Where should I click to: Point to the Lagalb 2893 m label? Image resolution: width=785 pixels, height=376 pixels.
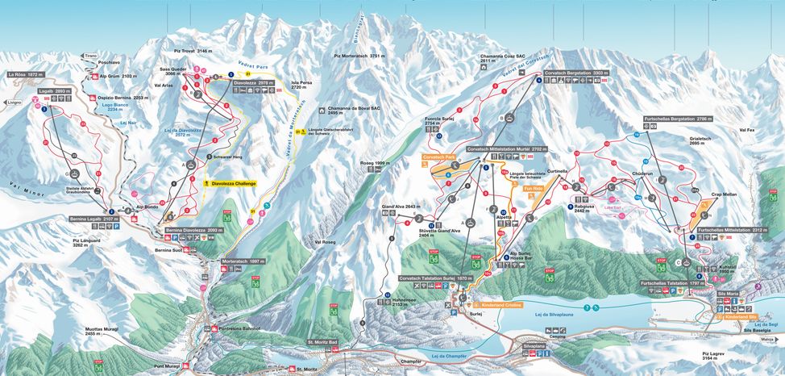click(x=50, y=91)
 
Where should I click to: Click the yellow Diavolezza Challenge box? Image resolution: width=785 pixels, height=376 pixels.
click(x=237, y=183)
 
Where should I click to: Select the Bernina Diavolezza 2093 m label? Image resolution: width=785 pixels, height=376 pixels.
click(x=193, y=230)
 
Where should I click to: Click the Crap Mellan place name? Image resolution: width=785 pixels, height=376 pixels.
click(x=704, y=194)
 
